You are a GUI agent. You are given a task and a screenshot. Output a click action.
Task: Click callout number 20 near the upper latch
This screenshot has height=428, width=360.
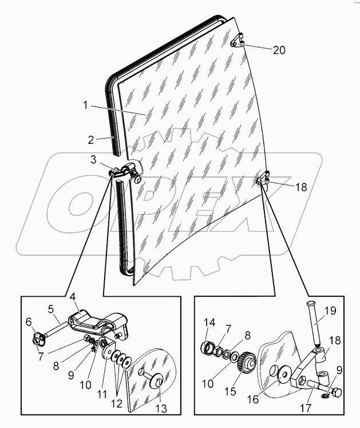pyautogui.click(x=279, y=50)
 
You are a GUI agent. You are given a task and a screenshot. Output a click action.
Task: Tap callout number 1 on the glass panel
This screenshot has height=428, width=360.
pyautogui.click(x=86, y=105)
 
